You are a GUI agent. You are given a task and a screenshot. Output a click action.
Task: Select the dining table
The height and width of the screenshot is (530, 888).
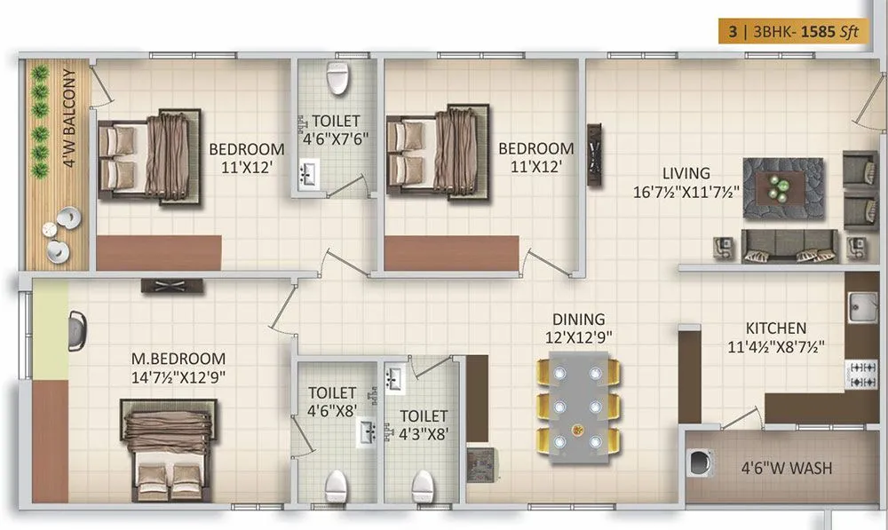tap(577, 406)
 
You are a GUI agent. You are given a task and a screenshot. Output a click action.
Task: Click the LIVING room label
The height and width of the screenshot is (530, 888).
tap(685, 173)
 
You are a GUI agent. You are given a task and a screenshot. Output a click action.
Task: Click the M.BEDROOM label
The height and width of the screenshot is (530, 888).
tap(178, 358)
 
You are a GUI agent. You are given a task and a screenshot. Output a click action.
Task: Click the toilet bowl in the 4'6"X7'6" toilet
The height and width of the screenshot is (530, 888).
tap(337, 80)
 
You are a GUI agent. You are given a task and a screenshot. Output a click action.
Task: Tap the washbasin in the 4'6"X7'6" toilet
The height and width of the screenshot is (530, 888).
tap(309, 175)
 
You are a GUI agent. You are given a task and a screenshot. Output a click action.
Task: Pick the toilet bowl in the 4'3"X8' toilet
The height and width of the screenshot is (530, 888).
tap(424, 485)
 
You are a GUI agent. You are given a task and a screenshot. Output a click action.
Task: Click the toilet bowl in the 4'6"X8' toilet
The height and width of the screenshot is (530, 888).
tap(336, 485)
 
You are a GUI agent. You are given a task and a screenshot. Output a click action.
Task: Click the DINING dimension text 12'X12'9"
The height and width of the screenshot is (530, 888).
tap(578, 336)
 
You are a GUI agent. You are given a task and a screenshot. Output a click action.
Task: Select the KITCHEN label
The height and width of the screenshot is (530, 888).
tap(775, 328)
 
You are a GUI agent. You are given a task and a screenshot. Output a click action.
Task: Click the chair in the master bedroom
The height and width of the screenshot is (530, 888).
tap(78, 328)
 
